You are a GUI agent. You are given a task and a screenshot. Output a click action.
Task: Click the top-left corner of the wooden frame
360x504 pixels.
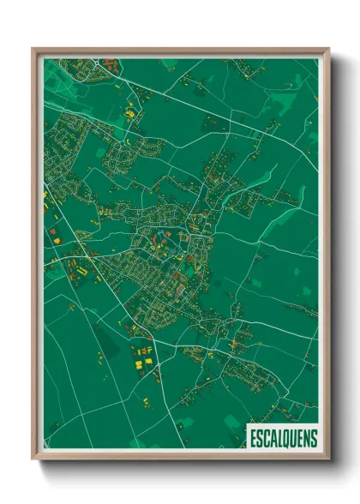[33, 49]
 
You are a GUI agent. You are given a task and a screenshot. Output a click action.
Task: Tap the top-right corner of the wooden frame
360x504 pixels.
[328, 49]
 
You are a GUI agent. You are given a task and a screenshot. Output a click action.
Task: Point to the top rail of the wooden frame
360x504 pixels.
[180, 50]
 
